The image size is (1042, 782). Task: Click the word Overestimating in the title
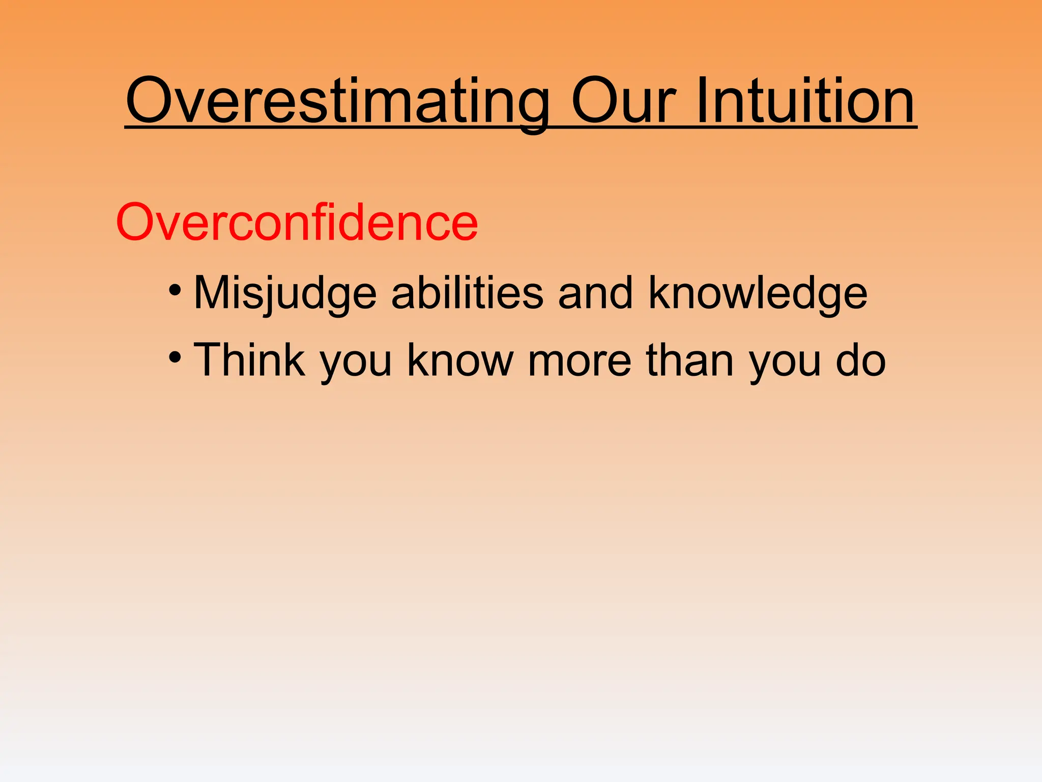[x=337, y=102]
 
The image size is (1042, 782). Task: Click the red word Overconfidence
[x=297, y=223]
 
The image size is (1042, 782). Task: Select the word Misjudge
[x=285, y=294]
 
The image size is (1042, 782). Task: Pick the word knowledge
[x=758, y=294]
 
